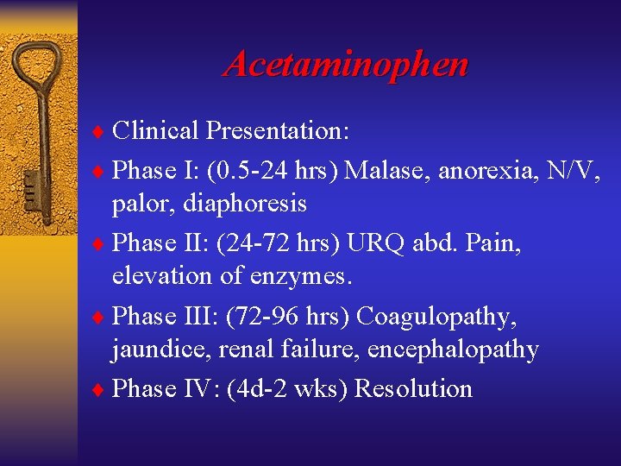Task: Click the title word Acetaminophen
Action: coord(346,64)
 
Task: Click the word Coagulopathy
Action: coord(437,316)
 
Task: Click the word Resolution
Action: coord(413,388)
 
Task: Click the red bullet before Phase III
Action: coord(97,317)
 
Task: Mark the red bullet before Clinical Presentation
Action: coord(97,132)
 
